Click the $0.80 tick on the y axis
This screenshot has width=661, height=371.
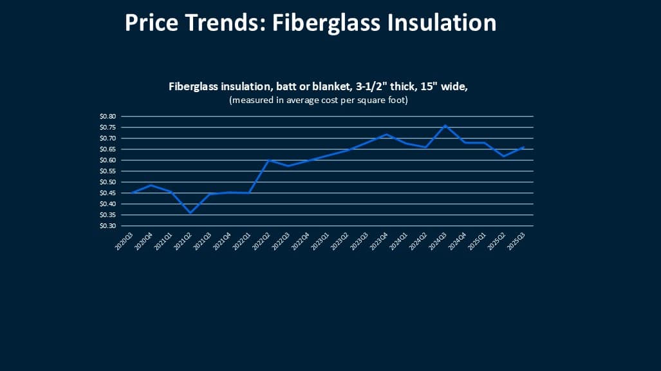[107, 117]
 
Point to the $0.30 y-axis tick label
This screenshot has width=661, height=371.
[107, 226]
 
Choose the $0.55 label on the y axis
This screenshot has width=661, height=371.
[107, 171]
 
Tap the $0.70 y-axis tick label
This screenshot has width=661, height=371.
[107, 138]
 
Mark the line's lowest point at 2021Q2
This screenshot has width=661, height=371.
[190, 213]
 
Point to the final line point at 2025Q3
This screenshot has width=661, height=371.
[524, 147]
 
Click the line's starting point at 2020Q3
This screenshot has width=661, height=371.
[131, 193]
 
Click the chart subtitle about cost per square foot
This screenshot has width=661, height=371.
[319, 100]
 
